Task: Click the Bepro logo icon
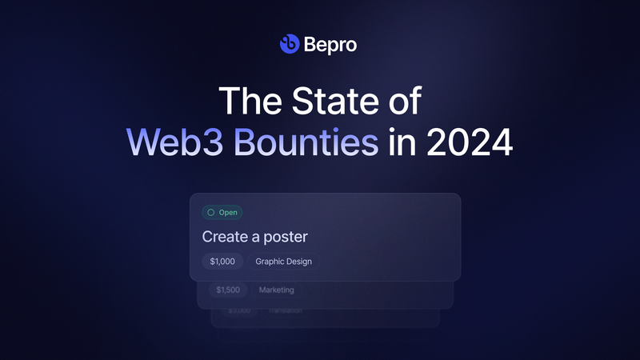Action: pyautogui.click(x=289, y=44)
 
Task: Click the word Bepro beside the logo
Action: pyautogui.click(x=330, y=45)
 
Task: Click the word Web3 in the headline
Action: pyautogui.click(x=167, y=142)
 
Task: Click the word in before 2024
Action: pyautogui.click(x=402, y=142)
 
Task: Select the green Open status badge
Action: pyautogui.click(x=222, y=213)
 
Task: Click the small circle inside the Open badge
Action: pyautogui.click(x=210, y=213)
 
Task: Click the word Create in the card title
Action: pyautogui.click(x=225, y=237)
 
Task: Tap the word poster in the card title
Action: pyautogui.click(x=286, y=237)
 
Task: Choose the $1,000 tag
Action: pyautogui.click(x=222, y=262)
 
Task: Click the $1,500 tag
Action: pyautogui.click(x=229, y=290)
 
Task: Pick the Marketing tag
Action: pyautogui.click(x=276, y=290)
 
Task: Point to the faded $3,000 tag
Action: pyautogui.click(x=238, y=310)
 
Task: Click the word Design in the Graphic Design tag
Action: pyautogui.click(x=299, y=262)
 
